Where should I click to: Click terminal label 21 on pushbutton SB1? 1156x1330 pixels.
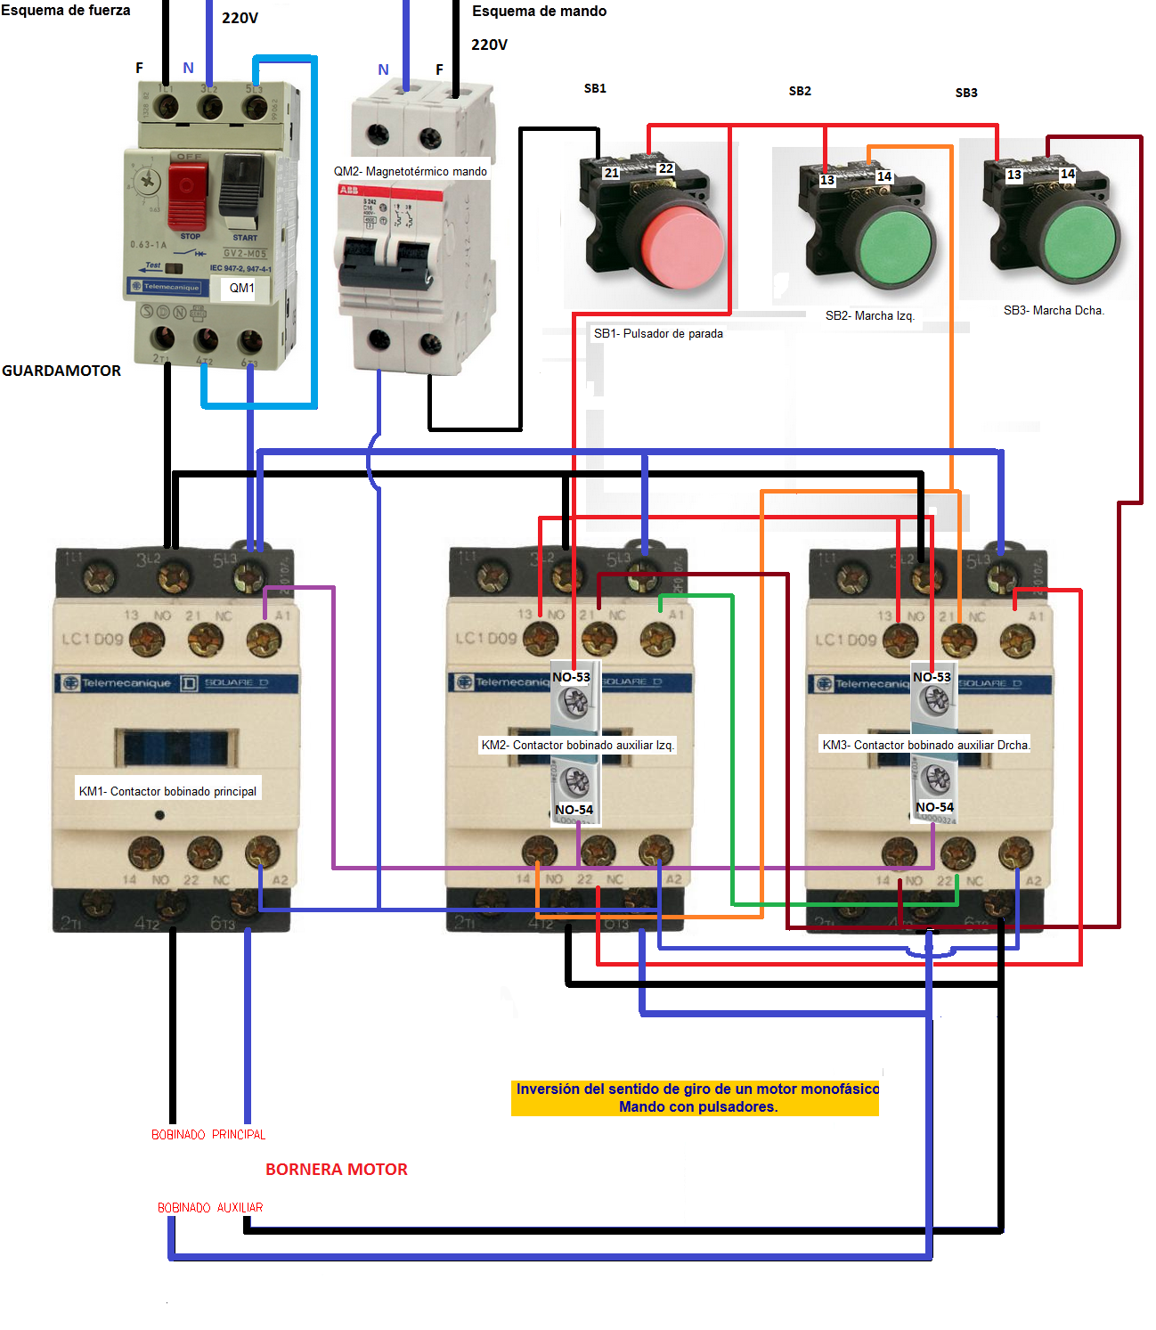611,173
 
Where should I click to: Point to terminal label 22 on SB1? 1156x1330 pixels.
665,168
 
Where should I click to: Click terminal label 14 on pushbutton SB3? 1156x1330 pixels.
1067,174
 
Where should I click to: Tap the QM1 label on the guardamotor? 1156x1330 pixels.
241,288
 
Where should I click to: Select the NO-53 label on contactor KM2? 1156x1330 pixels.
571,677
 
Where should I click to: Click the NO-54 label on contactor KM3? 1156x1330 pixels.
934,807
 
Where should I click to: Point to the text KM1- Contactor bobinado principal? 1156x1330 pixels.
167,791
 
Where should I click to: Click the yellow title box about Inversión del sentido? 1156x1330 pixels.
696,1097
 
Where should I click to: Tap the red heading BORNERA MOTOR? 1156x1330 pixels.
336,1170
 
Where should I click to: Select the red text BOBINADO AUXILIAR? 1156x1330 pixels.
210,1208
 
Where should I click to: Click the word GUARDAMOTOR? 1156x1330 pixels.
61,371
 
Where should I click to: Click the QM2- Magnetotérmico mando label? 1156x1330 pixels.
410,171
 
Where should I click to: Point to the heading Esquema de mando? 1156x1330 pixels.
539,12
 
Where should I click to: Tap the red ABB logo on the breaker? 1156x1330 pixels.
348,190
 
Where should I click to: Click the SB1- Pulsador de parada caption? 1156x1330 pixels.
658,333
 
